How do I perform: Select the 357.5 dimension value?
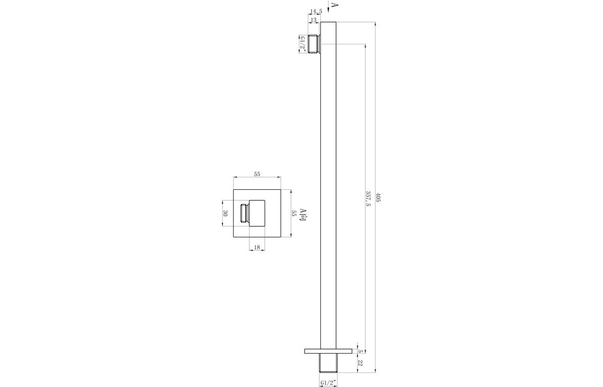[x=368, y=198]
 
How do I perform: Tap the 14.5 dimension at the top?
[x=316, y=11]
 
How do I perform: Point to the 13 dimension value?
[x=313, y=20]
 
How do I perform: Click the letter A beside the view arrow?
[x=334, y=6]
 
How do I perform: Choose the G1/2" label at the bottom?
[x=328, y=383]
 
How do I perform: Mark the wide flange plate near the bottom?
[x=328, y=351]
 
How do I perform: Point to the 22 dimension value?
[x=360, y=362]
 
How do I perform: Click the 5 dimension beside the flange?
[x=360, y=351]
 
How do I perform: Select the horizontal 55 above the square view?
[x=257, y=174]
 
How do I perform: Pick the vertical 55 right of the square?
[x=294, y=213]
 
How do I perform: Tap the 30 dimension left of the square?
[x=225, y=213]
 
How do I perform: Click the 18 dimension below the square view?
[x=257, y=247]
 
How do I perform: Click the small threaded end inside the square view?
[x=244, y=213]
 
